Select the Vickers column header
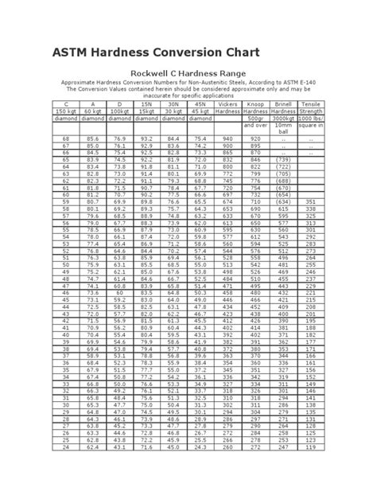point(227,103)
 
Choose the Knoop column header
point(256,103)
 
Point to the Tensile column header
point(310,103)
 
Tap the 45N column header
point(199,103)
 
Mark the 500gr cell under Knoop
point(256,118)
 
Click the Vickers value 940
point(227,139)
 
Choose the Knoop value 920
point(256,139)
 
